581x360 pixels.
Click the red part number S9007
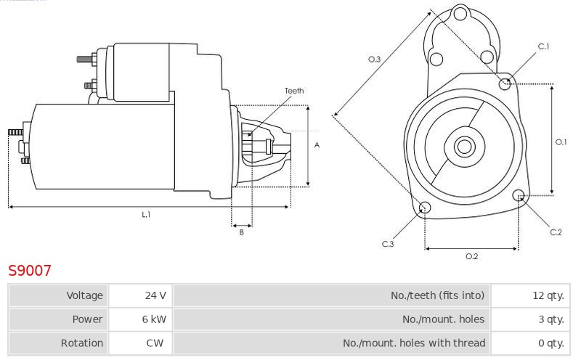click(x=30, y=271)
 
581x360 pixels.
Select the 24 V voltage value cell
click(x=140, y=295)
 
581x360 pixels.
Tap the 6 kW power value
click(x=140, y=319)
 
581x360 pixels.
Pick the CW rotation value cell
click(x=140, y=343)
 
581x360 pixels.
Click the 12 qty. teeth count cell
click(x=531, y=295)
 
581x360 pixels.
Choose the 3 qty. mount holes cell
click(x=531, y=319)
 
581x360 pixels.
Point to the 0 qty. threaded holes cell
click(x=531, y=343)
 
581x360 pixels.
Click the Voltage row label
click(x=84, y=295)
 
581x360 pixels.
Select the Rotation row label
click(x=82, y=343)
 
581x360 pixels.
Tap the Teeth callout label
click(x=294, y=91)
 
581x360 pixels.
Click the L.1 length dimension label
click(x=146, y=214)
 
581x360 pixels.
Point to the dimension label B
click(x=242, y=232)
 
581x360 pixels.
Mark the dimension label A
click(x=317, y=145)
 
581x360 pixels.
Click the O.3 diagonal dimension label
click(x=374, y=60)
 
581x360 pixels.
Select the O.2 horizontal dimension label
click(x=471, y=256)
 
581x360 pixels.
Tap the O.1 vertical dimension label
click(x=561, y=142)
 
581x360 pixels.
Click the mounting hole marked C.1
click(x=505, y=84)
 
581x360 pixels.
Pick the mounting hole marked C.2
click(x=519, y=195)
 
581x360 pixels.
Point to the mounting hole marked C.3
click(x=425, y=207)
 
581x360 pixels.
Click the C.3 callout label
click(x=388, y=244)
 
